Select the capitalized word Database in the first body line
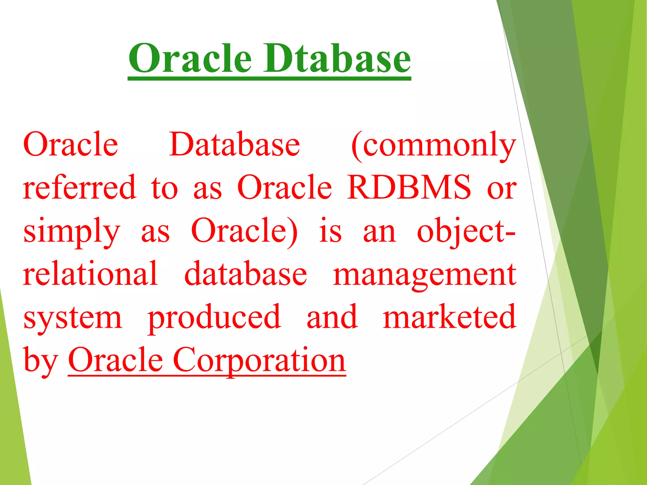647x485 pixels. point(234,145)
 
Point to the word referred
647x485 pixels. point(80,188)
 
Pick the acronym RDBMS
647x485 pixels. point(409,188)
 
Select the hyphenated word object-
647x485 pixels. point(466,232)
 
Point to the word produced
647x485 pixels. point(214,317)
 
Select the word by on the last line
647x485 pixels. point(40,361)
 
